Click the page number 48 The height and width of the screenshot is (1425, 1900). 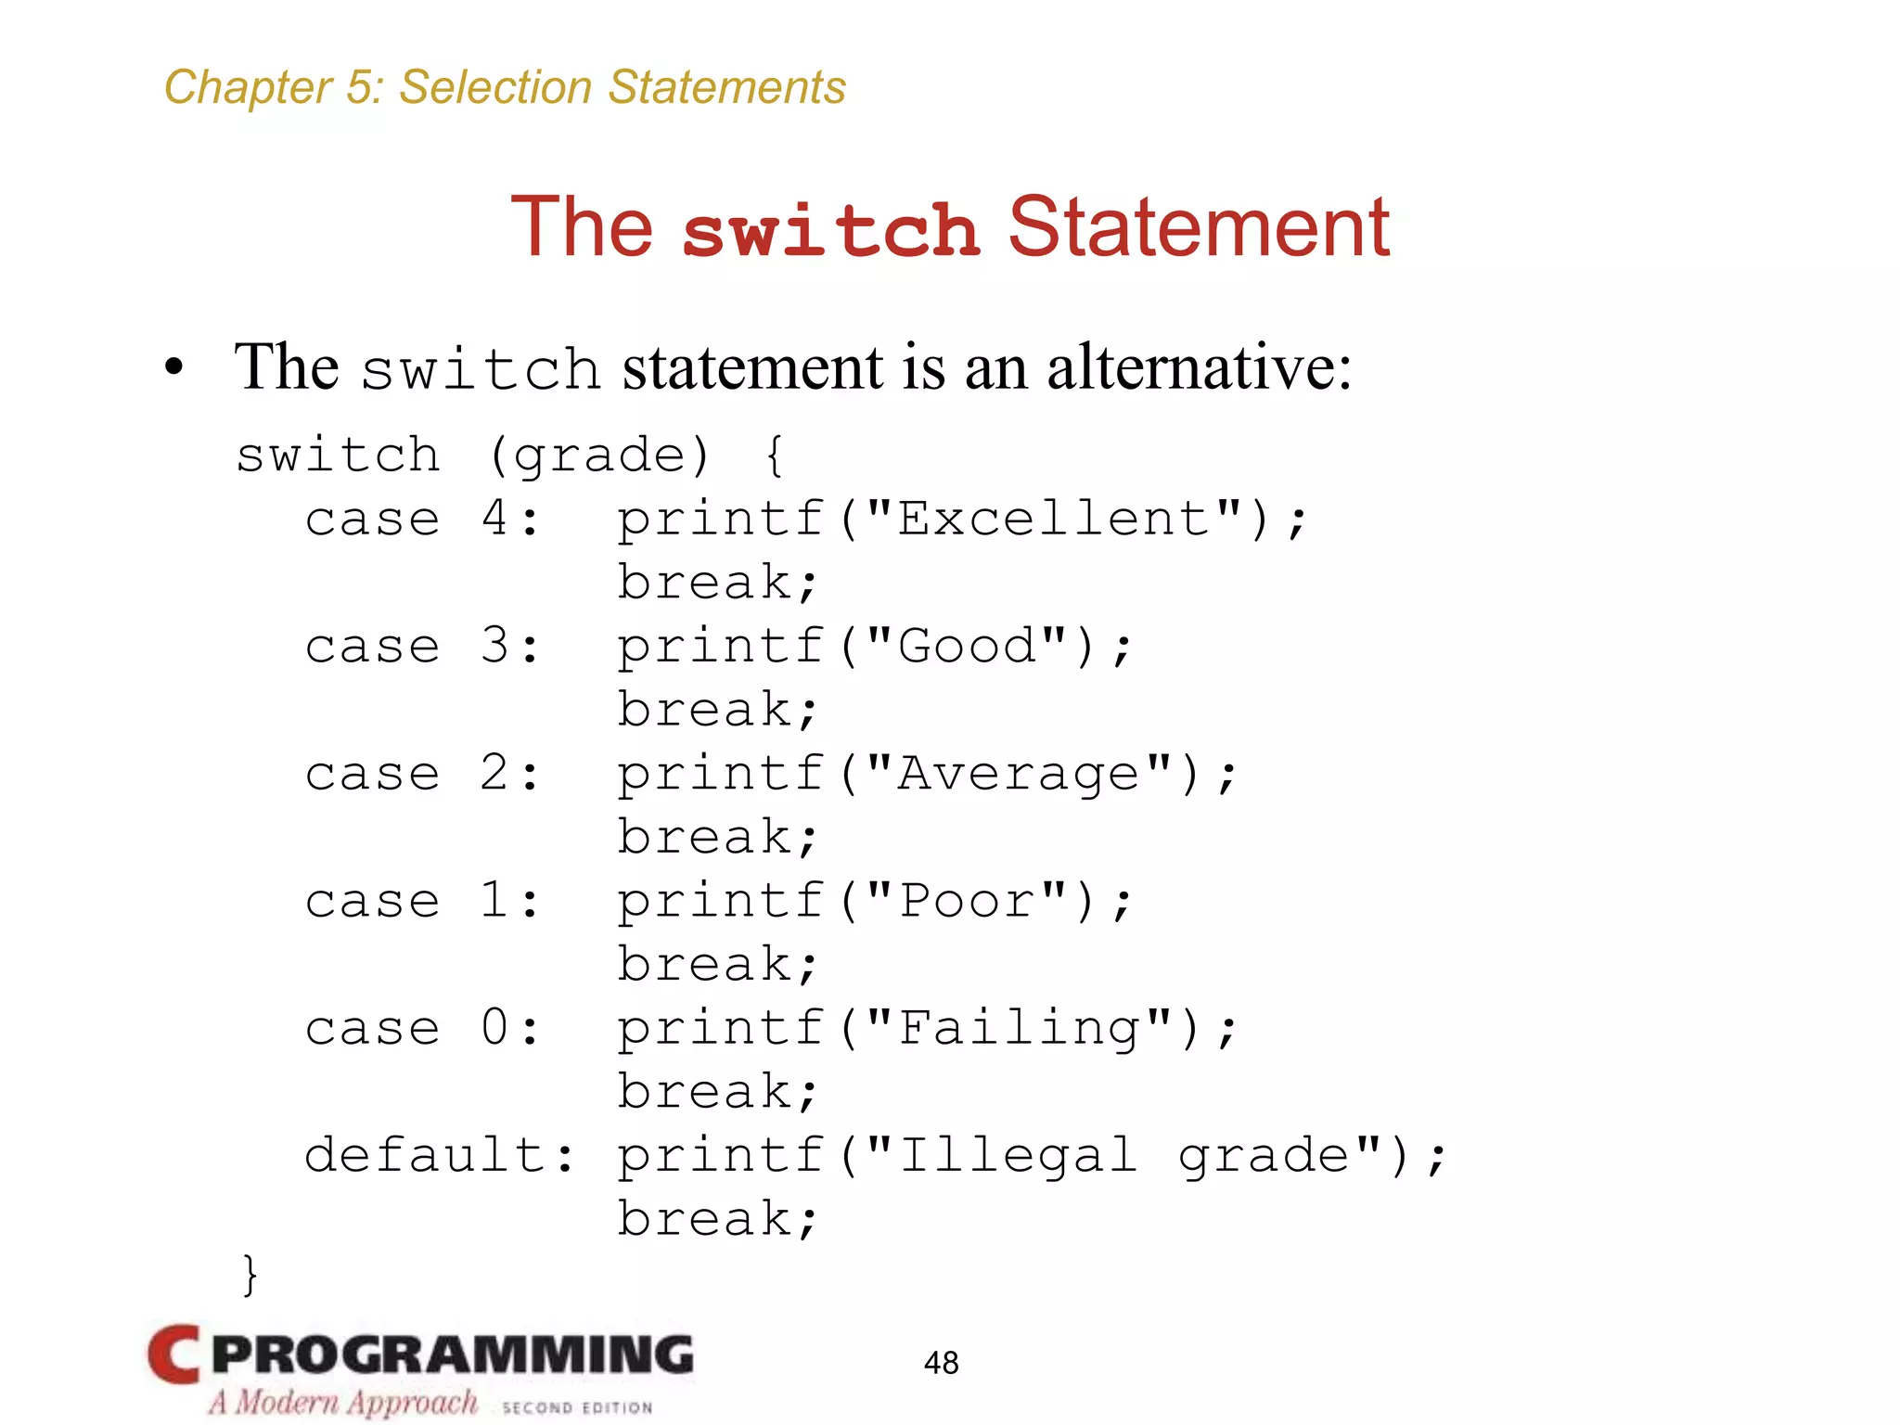click(x=941, y=1362)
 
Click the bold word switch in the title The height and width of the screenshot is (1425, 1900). click(x=830, y=230)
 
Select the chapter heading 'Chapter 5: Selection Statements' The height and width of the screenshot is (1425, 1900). click(x=505, y=87)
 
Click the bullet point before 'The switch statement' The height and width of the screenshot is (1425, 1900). click(x=174, y=367)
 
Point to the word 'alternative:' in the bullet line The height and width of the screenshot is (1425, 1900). click(x=1199, y=367)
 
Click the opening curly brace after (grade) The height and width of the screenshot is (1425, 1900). click(x=775, y=456)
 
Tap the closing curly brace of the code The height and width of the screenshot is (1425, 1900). click(x=249, y=1275)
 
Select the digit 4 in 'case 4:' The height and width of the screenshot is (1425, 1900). click(x=494, y=518)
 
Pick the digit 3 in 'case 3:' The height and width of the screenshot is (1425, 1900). click(x=494, y=646)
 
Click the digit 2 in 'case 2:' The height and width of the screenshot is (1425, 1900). click(x=494, y=773)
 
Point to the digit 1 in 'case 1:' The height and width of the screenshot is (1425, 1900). click(x=494, y=900)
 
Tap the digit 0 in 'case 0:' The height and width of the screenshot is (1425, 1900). click(x=494, y=1028)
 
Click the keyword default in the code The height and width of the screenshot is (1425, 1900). click(x=425, y=1155)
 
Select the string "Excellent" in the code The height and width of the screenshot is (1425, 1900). click(x=1054, y=518)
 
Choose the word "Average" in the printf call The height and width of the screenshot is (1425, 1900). click(x=1019, y=773)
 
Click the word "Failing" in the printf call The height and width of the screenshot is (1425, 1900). click(x=1019, y=1028)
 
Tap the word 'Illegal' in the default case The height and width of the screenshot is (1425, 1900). click(x=1017, y=1155)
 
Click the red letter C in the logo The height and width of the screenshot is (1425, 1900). click(x=174, y=1354)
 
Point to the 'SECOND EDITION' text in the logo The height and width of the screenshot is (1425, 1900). click(x=577, y=1407)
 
